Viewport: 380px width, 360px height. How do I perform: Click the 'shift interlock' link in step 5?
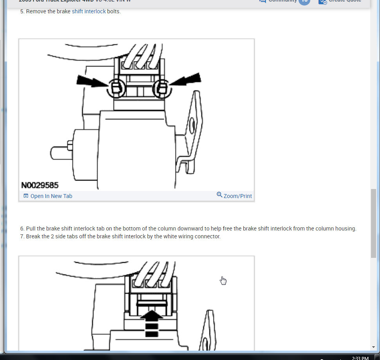click(x=89, y=11)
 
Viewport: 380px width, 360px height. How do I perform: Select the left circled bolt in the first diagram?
click(x=116, y=89)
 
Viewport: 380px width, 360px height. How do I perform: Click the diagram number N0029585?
click(x=40, y=185)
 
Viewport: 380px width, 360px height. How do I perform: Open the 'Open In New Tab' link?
click(x=51, y=196)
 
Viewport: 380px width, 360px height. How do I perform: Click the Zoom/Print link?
click(x=237, y=196)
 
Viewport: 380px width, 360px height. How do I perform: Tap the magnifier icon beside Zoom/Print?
click(x=219, y=195)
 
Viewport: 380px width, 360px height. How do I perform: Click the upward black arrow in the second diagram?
click(x=151, y=323)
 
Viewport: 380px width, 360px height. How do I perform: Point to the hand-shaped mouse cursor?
click(x=223, y=281)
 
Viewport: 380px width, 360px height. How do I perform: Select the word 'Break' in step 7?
click(x=33, y=236)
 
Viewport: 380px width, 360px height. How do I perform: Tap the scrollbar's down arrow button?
click(x=373, y=347)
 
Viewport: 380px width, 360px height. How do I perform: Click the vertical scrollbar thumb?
click(x=373, y=223)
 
